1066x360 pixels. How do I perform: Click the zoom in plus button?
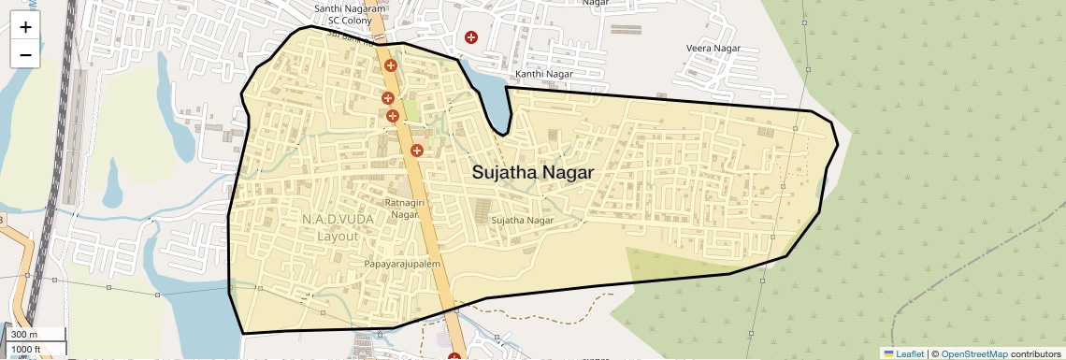coord(25,27)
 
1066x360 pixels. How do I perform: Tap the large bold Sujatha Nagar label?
coord(532,173)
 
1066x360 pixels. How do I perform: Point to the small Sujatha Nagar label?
coord(523,221)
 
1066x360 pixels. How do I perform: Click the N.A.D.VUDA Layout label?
coord(337,227)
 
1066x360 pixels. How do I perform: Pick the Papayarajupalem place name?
coord(402,265)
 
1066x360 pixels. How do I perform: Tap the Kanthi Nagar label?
coord(542,74)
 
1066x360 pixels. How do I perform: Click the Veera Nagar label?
coord(713,48)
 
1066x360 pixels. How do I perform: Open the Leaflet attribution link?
coord(910,353)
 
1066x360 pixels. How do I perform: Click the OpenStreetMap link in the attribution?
coord(973,353)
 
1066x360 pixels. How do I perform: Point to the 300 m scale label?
coord(25,335)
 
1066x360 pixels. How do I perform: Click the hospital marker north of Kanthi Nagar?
coord(471,37)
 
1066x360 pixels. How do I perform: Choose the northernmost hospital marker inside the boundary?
coord(390,65)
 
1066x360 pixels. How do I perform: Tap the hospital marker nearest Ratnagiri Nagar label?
coord(417,151)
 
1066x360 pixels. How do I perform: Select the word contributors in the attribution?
coord(1036,353)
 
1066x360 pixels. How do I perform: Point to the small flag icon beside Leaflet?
coord(888,353)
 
